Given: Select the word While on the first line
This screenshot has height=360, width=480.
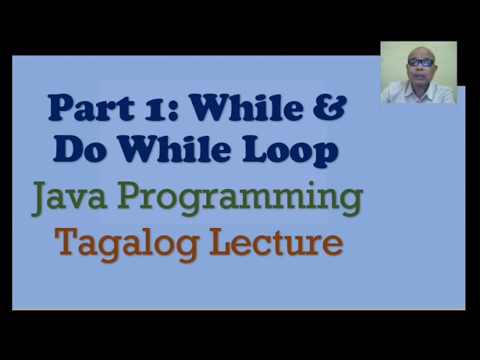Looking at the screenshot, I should pos(238,109).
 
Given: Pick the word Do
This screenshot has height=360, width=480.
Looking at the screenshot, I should pos(76,151).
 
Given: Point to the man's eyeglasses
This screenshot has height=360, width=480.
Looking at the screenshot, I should pos(421,62).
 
